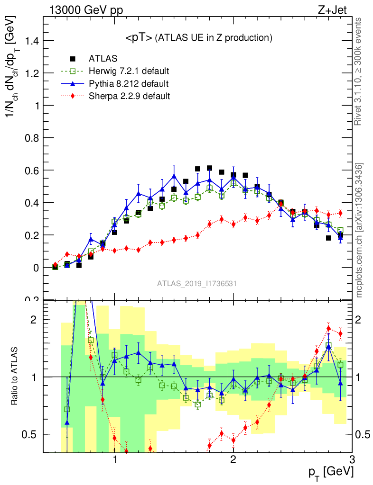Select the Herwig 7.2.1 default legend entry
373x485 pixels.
coord(129,71)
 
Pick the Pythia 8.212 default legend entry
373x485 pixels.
coord(128,84)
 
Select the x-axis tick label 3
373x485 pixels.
coord(351,460)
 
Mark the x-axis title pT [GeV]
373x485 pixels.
coord(332,472)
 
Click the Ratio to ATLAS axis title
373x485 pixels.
coord(15,377)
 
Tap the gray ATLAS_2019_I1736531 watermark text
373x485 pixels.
coord(197,284)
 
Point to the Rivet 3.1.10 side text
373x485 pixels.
coord(358,71)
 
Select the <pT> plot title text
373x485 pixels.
coord(198,37)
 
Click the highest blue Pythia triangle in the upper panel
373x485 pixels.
coord(174,176)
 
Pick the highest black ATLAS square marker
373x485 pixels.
coord(209,168)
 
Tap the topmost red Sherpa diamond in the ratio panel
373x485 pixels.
coord(328,328)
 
